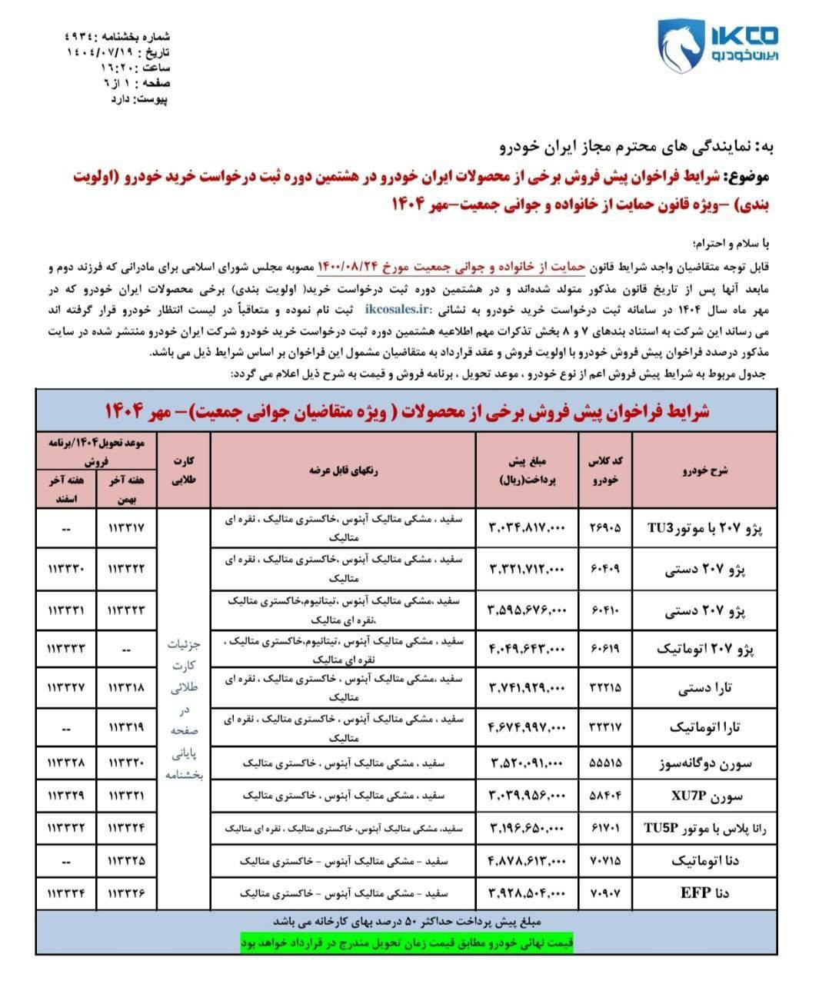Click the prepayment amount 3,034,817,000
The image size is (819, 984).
[x=527, y=528]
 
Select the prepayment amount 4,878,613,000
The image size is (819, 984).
[x=527, y=860]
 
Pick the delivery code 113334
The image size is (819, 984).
[x=67, y=893]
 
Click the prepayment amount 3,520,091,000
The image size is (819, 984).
[x=527, y=763]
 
